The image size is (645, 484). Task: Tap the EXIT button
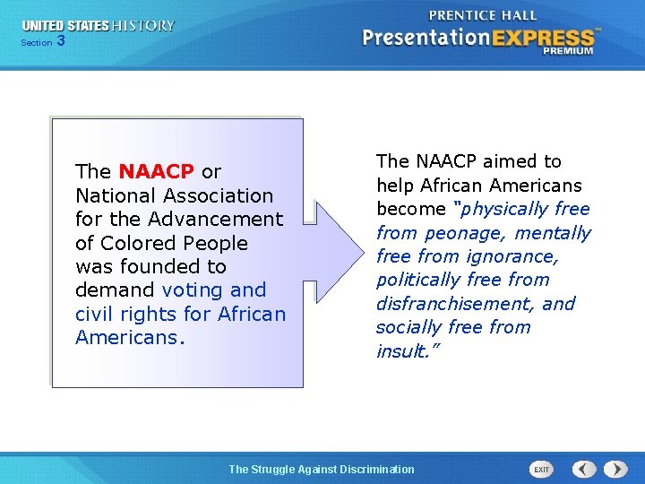click(x=541, y=469)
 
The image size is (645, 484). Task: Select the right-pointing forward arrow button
click(x=615, y=469)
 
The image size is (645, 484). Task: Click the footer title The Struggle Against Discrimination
click(x=322, y=469)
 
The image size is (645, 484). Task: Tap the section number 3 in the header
click(x=60, y=40)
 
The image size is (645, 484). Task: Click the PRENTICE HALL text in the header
click(x=484, y=15)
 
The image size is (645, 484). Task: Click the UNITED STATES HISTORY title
click(x=99, y=26)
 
